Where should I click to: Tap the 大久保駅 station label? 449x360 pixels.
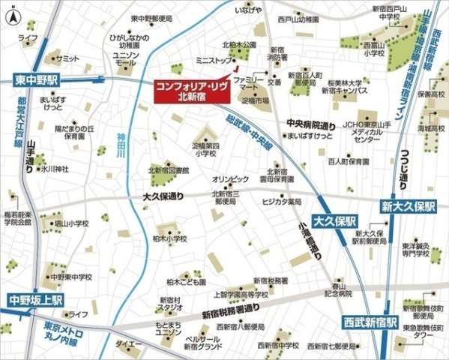click(334, 221)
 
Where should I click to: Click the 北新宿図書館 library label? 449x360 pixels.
click(169, 170)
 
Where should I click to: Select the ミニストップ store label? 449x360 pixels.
click(213, 58)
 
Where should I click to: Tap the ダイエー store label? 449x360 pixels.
click(127, 343)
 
